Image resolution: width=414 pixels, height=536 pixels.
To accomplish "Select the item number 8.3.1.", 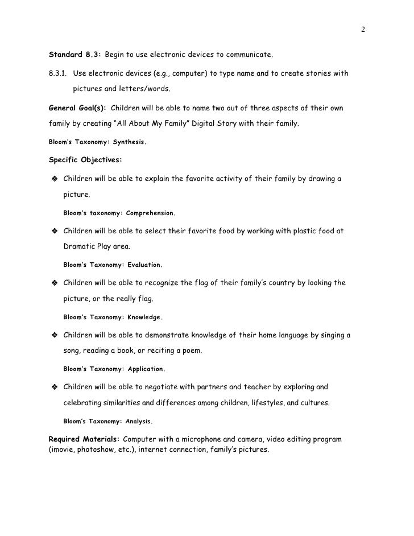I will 59,74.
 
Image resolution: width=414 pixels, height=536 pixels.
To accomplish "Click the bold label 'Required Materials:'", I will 85,440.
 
